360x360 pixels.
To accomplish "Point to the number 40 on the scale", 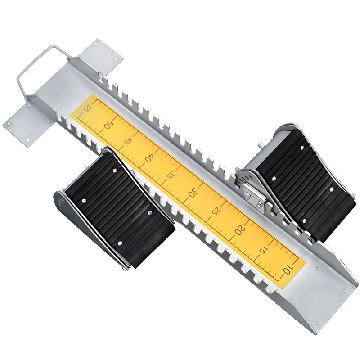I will click(x=149, y=158).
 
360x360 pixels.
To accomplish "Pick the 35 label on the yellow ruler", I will click(x=171, y=175).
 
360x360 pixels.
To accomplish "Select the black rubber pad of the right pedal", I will click(x=306, y=180).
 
